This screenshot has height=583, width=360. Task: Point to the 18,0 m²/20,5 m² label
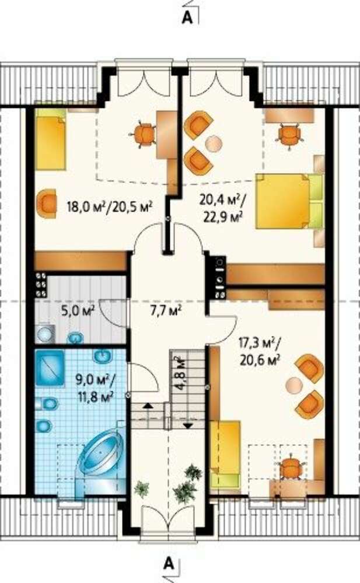[110, 206]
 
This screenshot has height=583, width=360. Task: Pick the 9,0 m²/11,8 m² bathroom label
[95, 388]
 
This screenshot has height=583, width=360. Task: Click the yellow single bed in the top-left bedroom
[51, 140]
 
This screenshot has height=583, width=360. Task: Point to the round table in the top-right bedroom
[214, 143]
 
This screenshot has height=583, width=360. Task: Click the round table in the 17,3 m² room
[293, 385]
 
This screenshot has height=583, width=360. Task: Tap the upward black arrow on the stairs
[148, 405]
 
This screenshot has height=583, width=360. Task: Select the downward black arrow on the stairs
[188, 426]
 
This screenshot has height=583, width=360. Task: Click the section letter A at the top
[187, 17]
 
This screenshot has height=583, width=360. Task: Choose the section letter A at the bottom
[169, 564]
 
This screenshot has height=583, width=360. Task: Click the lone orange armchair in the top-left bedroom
[47, 203]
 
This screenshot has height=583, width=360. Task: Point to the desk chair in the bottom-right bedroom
[291, 468]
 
